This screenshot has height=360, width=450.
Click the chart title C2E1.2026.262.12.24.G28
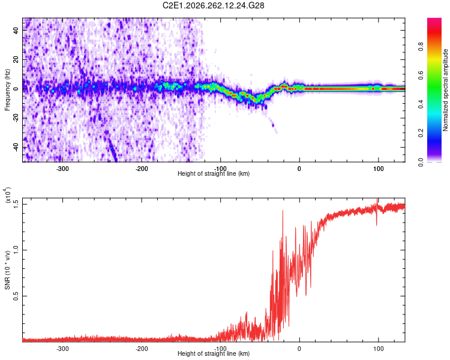click(x=213, y=5)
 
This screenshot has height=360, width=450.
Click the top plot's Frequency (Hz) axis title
click(x=7, y=90)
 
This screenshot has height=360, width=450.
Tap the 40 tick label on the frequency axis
click(x=16, y=30)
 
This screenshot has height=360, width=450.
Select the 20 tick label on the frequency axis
click(x=16, y=59)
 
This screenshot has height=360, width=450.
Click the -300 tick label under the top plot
click(x=62, y=169)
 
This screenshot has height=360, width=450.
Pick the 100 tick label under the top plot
click(x=379, y=169)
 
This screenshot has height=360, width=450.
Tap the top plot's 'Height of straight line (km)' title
click(x=214, y=173)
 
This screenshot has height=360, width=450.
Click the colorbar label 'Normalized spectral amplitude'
click(x=445, y=90)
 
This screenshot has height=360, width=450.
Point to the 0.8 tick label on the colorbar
click(x=421, y=46)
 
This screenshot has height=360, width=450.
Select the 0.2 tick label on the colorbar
click(x=421, y=133)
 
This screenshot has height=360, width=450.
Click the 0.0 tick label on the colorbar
click(x=421, y=162)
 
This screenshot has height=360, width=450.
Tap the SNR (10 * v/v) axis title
click(x=7, y=270)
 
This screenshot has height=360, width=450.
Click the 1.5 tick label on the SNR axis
click(x=16, y=205)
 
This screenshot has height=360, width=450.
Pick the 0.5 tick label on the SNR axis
click(x=16, y=296)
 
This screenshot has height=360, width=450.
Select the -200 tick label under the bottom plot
click(x=142, y=349)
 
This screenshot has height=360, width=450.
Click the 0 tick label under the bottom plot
click(x=299, y=349)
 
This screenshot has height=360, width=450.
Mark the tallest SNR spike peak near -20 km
click(x=283, y=211)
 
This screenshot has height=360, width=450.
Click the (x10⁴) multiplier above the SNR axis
click(x=7, y=195)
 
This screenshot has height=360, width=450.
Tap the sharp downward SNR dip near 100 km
click(x=377, y=225)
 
